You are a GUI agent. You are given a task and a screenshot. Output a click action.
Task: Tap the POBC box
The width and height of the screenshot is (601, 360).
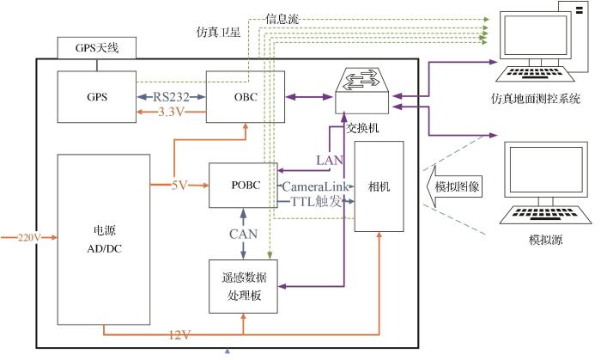[243, 185]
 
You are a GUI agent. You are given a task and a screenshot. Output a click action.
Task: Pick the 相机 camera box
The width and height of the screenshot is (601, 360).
[378, 186]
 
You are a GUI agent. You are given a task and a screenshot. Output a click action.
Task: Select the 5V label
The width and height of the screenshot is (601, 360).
[179, 184]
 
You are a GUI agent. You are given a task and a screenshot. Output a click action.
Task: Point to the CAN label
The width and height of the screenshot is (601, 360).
[243, 232]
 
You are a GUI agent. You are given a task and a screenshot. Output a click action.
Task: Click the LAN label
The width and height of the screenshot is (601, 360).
[330, 160]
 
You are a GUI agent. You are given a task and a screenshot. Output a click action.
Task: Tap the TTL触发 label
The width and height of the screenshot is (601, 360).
[313, 201]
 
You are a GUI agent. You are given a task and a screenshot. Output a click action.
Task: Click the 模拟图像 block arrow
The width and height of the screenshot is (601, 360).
[452, 187]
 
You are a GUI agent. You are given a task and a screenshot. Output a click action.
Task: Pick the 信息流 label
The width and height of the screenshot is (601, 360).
[282, 17]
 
